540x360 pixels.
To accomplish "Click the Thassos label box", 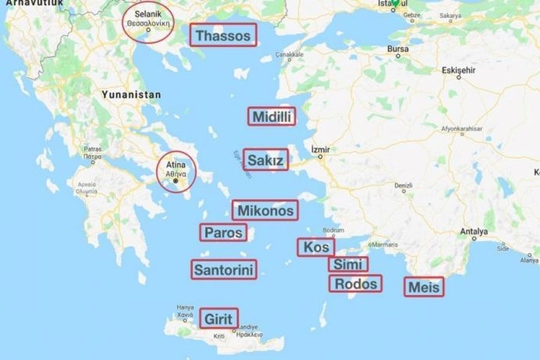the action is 224,35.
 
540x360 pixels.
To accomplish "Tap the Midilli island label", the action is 272,116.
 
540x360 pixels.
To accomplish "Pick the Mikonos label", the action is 265,211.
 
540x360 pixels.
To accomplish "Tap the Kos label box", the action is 316,247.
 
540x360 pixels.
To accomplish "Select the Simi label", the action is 348,265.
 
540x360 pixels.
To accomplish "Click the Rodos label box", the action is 355,283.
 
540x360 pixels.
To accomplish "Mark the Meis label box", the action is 424,287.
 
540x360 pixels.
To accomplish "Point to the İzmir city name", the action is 321,149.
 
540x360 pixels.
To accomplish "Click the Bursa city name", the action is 398,49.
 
